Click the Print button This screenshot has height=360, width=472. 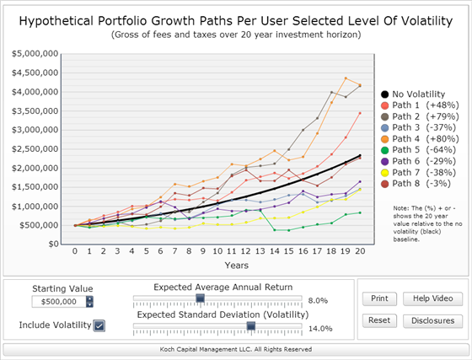pyautogui.click(x=379, y=298)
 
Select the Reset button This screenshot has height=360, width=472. pyautogui.click(x=379, y=320)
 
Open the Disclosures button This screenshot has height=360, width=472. pyautogui.click(x=432, y=321)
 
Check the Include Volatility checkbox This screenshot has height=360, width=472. pyautogui.click(x=99, y=325)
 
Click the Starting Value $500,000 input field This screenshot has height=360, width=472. pyautogui.click(x=59, y=302)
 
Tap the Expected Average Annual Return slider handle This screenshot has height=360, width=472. pyautogui.click(x=201, y=298)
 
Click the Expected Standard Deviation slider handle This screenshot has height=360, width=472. pyautogui.click(x=251, y=326)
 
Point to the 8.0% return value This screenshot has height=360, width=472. pyautogui.click(x=318, y=301)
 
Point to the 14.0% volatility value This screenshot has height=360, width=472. pyautogui.click(x=320, y=329)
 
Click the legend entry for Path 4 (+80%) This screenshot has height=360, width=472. pyautogui.click(x=420, y=139)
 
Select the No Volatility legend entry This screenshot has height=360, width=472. pyautogui.click(x=413, y=94)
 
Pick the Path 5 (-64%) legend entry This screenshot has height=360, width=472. pyautogui.click(x=418, y=150)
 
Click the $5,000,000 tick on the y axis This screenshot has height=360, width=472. pyautogui.click(x=35, y=54)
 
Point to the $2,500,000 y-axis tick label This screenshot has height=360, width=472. pyautogui.click(x=35, y=149)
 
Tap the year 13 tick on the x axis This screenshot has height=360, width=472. pyautogui.click(x=260, y=251)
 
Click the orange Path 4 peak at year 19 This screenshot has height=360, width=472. pyautogui.click(x=346, y=78)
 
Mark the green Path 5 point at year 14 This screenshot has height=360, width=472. pyautogui.click(x=275, y=230)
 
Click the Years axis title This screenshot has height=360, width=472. pyautogui.click(x=237, y=266)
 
